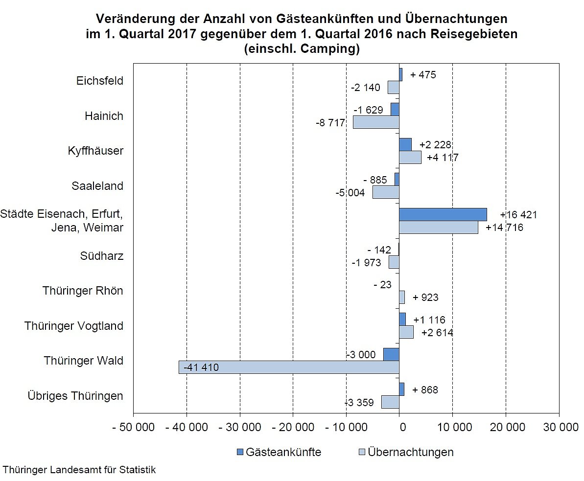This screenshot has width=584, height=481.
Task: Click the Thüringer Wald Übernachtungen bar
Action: tap(289, 367)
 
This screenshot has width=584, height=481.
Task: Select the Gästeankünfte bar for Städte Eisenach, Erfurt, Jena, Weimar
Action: tap(443, 214)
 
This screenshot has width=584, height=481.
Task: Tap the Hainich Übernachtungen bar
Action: tap(376, 122)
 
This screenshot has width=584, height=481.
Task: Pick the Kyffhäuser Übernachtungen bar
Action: tap(410, 158)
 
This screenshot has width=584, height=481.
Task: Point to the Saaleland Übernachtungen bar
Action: tap(386, 192)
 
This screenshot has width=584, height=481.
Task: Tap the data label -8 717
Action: tap(331, 123)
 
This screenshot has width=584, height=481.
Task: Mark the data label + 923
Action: tap(425, 298)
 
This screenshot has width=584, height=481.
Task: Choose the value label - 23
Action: tap(382, 284)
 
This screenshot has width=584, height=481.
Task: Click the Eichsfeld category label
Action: tap(100, 81)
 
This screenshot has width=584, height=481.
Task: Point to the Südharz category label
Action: tap(101, 256)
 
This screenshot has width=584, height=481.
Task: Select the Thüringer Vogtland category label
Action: tap(74, 326)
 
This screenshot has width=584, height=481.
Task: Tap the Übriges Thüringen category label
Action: tap(75, 395)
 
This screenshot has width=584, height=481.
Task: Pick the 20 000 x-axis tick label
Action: tap(506, 427)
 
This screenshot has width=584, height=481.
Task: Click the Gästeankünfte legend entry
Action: tap(279, 452)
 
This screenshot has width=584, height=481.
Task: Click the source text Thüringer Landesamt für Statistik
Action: tap(79, 470)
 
